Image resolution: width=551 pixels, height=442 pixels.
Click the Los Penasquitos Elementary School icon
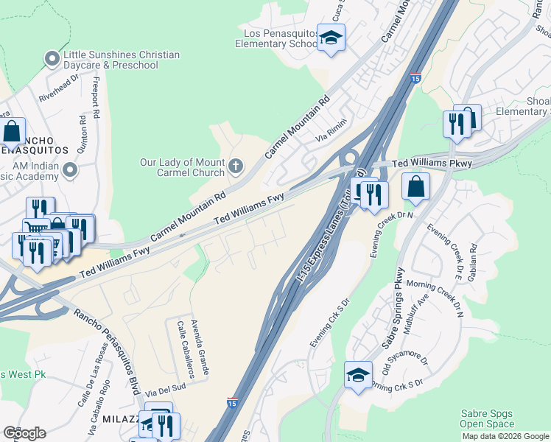331,38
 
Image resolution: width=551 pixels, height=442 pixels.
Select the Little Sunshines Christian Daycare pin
52,58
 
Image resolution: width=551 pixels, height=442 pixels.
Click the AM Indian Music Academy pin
70,171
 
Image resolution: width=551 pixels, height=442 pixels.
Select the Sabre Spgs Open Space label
488,419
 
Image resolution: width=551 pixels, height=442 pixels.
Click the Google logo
24,433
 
